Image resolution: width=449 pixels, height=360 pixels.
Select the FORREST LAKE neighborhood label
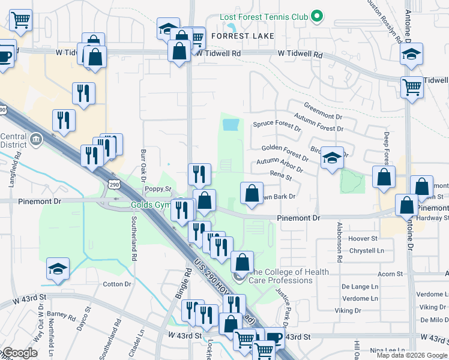coord(243,36)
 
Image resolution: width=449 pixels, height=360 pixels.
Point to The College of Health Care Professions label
coord(289,276)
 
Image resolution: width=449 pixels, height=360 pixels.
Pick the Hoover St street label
coord(363,238)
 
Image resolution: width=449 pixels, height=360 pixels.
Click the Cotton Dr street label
coord(117,284)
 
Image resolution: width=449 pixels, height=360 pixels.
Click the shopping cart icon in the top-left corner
coord(21,20)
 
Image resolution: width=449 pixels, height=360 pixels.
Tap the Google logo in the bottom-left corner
coord(20,353)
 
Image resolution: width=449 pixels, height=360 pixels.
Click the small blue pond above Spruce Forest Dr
coord(231,125)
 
